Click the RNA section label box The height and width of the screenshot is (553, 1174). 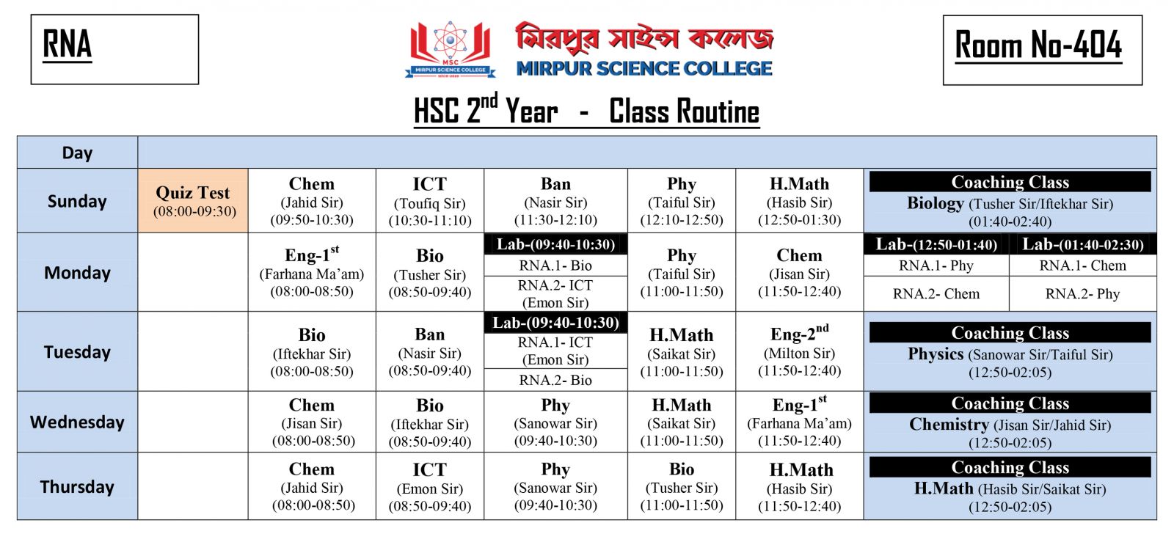[114, 49]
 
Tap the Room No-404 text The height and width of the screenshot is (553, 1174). [1038, 46]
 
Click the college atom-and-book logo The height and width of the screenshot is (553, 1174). [450, 50]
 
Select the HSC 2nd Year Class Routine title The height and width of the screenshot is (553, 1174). [586, 111]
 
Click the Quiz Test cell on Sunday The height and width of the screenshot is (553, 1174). [193, 201]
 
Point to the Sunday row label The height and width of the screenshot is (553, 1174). [77, 201]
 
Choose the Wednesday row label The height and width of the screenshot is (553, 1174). [77, 422]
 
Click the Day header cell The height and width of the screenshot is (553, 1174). [77, 153]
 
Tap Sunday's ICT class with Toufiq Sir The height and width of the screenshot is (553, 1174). [429, 201]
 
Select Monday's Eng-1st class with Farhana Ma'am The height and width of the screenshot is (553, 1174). [312, 273]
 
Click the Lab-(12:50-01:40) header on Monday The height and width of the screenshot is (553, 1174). [936, 244]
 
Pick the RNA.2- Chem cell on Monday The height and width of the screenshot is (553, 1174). [936, 293]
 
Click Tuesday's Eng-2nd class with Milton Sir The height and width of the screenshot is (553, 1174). [799, 352]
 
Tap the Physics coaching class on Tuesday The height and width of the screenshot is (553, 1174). [1010, 354]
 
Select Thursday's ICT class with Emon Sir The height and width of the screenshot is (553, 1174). [429, 487]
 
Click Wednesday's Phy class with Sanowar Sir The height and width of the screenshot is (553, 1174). [555, 422]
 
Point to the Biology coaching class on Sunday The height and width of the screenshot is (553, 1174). [1010, 203]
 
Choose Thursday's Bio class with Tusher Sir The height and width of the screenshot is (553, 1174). [682, 487]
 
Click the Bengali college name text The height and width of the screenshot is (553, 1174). [644, 37]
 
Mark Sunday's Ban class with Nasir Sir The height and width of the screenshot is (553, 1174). [555, 201]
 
